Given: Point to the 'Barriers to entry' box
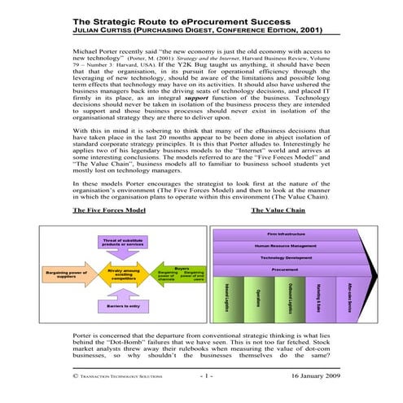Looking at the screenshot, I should click(121, 305).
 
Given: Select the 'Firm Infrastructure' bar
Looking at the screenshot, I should click(284, 233).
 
